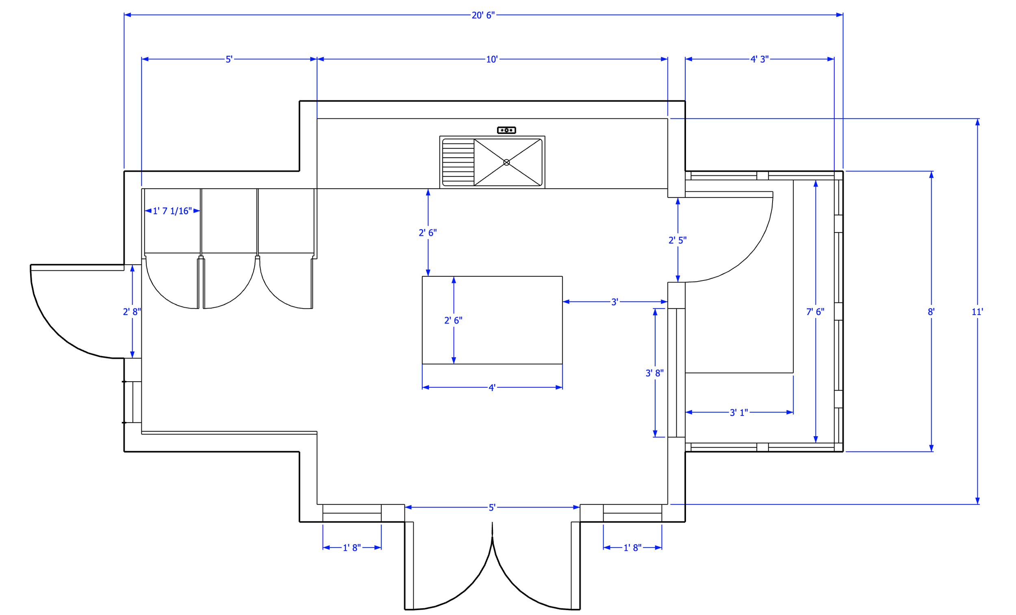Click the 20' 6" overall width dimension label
pyautogui.click(x=483, y=15)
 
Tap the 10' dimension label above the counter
pyautogui.click(x=492, y=59)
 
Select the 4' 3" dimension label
pyautogui.click(x=759, y=59)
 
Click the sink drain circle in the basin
pyautogui.click(x=506, y=163)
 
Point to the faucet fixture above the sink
pyautogui.click(x=506, y=130)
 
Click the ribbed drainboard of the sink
pyautogui.click(x=458, y=163)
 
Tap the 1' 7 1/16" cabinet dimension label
pyautogui.click(x=172, y=211)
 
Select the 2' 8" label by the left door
pyautogui.click(x=132, y=312)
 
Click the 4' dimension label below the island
pyautogui.click(x=492, y=388)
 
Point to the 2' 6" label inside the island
pyautogui.click(x=453, y=320)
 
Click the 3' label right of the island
pyautogui.click(x=614, y=302)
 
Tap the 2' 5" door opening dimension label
pyautogui.click(x=677, y=240)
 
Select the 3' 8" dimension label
pyautogui.click(x=654, y=373)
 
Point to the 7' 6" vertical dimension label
pyautogui.click(x=815, y=312)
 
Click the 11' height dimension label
pyautogui.click(x=977, y=312)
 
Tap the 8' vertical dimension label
pyautogui.click(x=931, y=312)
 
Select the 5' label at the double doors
pyautogui.click(x=492, y=508)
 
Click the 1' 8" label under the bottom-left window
pyautogui.click(x=352, y=548)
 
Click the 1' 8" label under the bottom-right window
pyautogui.click(x=632, y=548)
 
